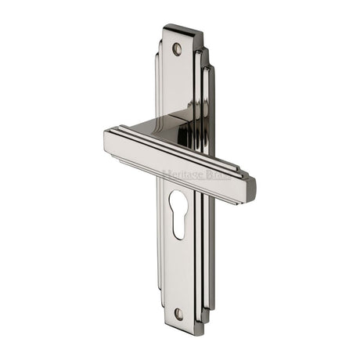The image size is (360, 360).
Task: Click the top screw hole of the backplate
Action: [x=177, y=49]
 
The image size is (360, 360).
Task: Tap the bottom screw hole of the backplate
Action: [x=178, y=314]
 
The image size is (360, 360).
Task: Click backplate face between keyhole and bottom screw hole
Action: [x=178, y=274]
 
